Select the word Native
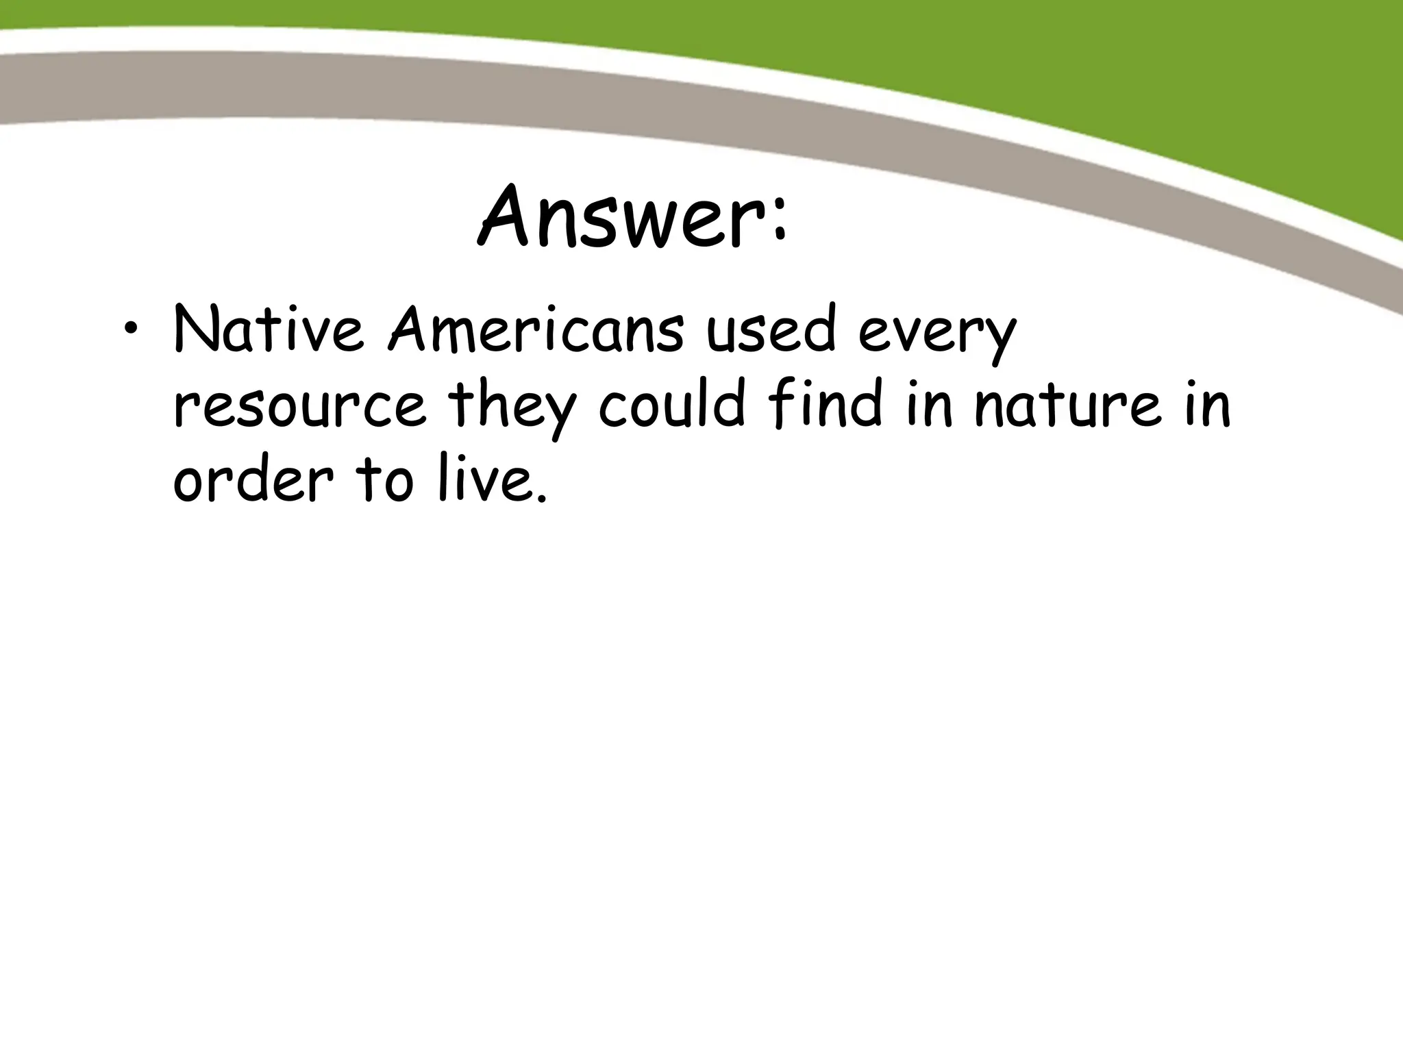269,330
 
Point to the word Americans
536,330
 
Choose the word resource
299,407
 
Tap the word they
511,405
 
